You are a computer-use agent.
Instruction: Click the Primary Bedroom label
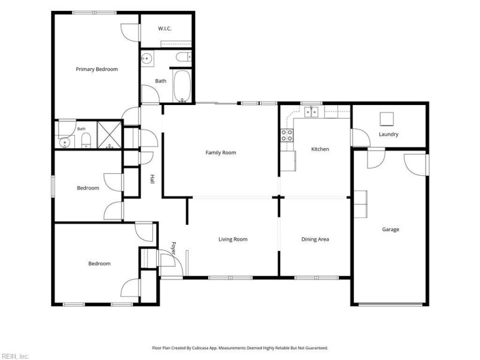pos(97,69)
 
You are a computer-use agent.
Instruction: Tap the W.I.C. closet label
pos(164,28)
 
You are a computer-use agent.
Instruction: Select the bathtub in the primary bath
pos(182,86)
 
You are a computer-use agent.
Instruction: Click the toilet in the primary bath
pos(184,57)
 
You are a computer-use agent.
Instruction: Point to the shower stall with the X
pos(109,134)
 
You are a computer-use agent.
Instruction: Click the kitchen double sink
pos(311,112)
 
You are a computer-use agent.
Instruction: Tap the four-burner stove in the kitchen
pos(287,136)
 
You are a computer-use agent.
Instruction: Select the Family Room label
pos(221,152)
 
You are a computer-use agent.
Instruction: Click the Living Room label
pos(233,239)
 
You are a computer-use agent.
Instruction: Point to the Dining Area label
pos(315,239)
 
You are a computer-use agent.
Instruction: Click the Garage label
pos(391,229)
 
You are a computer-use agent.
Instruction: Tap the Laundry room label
pos(388,134)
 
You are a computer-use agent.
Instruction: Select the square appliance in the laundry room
pos(386,119)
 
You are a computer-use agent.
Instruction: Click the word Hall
pos(152,179)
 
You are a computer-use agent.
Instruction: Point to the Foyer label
pos(173,248)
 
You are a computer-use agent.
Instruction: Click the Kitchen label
pos(320,149)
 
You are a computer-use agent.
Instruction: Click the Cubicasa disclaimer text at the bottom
pos(240,348)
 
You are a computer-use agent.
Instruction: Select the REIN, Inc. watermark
pos(14,356)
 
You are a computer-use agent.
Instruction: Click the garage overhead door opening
pos(391,305)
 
